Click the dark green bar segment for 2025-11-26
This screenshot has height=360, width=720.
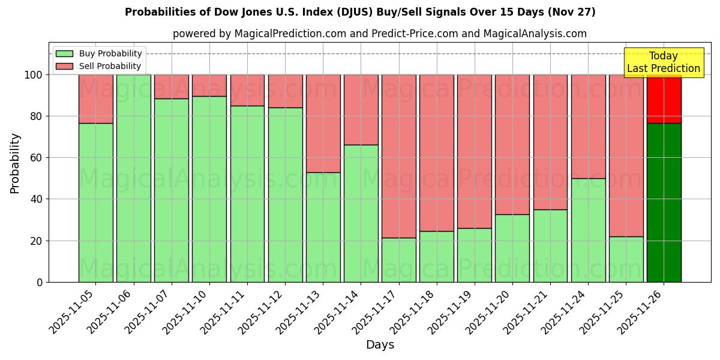click(x=664, y=202)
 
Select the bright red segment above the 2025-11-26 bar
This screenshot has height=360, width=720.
click(x=664, y=99)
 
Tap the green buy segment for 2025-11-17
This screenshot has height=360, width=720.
click(x=398, y=260)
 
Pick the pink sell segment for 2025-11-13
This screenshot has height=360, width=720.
click(x=323, y=123)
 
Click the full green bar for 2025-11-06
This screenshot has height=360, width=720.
click(x=133, y=178)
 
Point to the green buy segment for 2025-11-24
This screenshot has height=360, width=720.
click(x=588, y=230)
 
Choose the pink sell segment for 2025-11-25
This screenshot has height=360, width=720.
click(x=626, y=155)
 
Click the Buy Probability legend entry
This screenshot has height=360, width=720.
click(x=99, y=53)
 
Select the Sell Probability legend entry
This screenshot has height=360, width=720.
click(x=99, y=66)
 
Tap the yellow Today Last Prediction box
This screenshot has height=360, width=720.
click(x=664, y=62)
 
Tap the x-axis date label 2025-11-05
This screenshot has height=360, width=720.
click(x=73, y=313)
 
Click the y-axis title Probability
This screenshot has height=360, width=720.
click(x=15, y=163)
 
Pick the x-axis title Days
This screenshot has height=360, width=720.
click(x=380, y=345)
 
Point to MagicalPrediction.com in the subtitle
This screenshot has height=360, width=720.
click(x=290, y=34)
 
